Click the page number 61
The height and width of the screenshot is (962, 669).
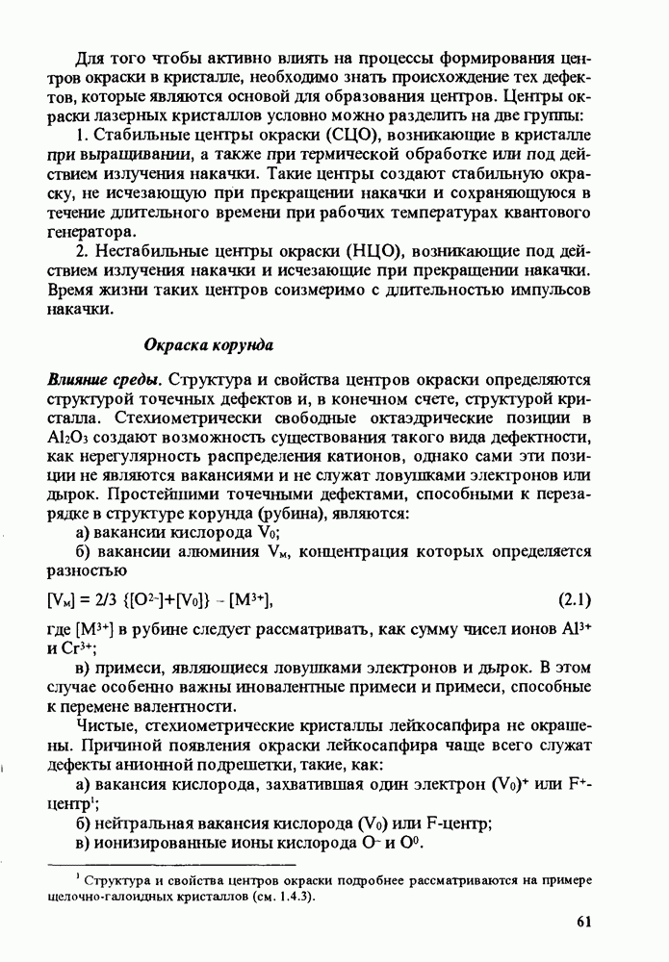click(x=582, y=922)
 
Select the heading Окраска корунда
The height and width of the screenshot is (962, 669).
click(x=210, y=344)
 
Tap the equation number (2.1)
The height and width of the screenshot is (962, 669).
click(x=574, y=601)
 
